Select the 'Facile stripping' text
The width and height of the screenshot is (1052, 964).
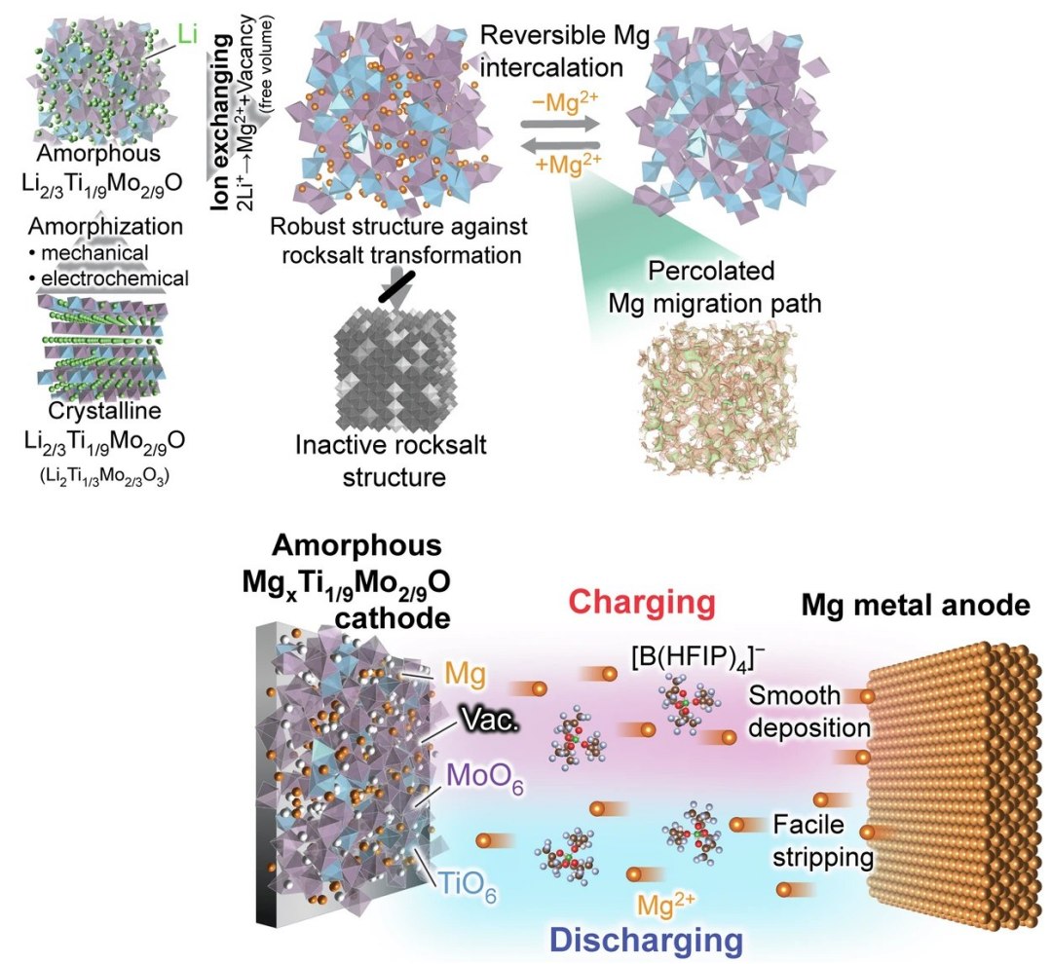pyautogui.click(x=822, y=839)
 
